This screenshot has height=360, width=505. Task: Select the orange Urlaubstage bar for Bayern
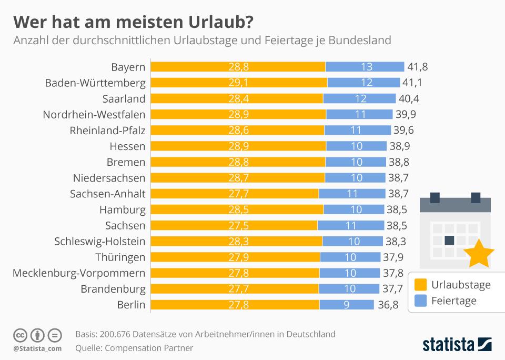point(238,67)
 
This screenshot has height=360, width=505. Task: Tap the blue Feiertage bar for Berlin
point(346,305)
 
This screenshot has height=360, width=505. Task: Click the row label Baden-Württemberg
point(95,83)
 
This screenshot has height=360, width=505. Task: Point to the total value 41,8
point(417,67)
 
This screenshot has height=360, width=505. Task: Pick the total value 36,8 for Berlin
point(387,305)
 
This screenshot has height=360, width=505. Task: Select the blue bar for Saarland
point(359,98)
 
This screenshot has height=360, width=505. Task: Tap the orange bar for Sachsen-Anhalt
point(235,194)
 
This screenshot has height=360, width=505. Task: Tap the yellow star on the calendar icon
point(481,254)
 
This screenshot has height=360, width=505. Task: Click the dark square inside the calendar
point(449,241)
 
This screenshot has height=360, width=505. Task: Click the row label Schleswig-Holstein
point(99,242)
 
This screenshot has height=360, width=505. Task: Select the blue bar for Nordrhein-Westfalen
point(359,114)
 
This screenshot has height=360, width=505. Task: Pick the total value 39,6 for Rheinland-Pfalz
point(405,131)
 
